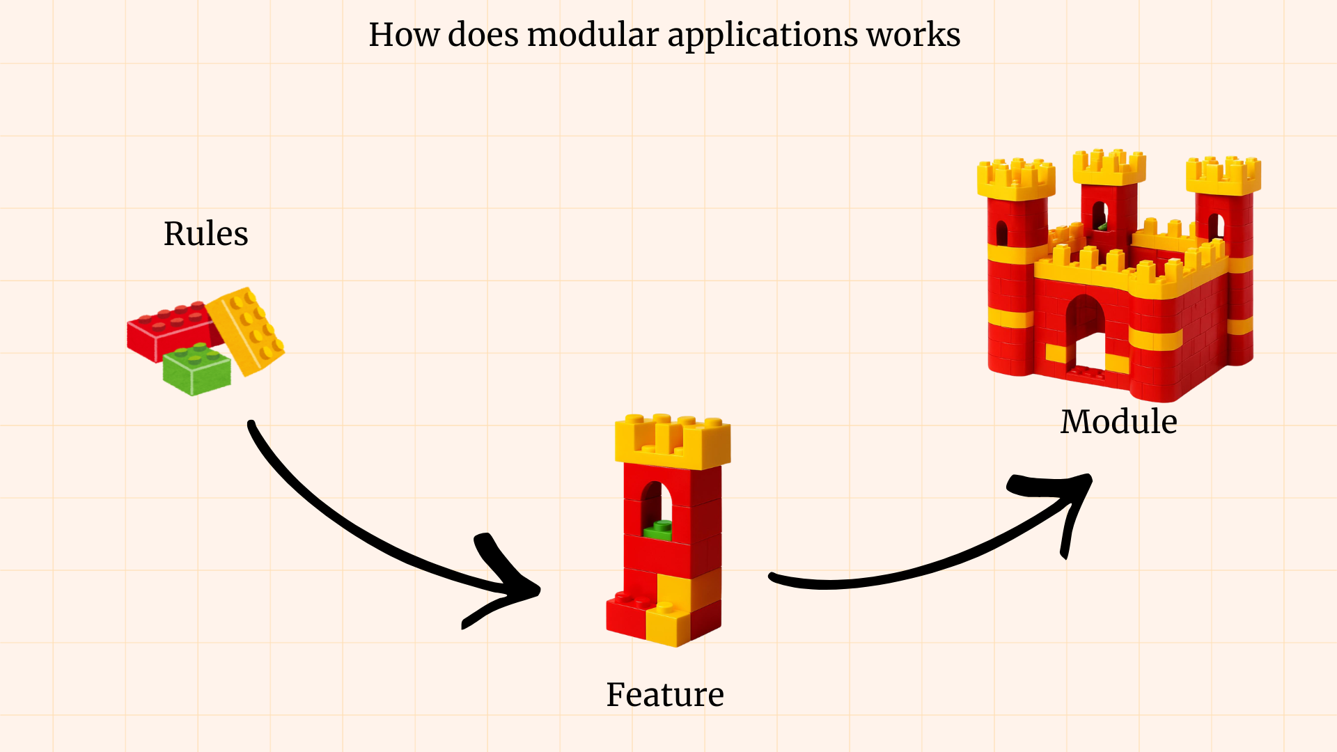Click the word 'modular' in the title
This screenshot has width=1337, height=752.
[x=592, y=35]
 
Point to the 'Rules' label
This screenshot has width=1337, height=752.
[x=205, y=234]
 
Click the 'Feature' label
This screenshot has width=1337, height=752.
[x=664, y=695]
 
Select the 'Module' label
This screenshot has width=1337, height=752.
[x=1118, y=422]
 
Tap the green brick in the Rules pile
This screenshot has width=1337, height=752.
[x=196, y=369]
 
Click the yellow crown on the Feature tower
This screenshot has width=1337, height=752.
[x=672, y=442]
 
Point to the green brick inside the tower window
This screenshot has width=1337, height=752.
[x=658, y=531]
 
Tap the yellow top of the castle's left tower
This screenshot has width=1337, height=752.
[x=1015, y=180]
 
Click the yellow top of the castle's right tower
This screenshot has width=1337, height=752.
[x=1223, y=175]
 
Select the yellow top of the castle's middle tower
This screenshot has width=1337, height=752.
[x=1109, y=167]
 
